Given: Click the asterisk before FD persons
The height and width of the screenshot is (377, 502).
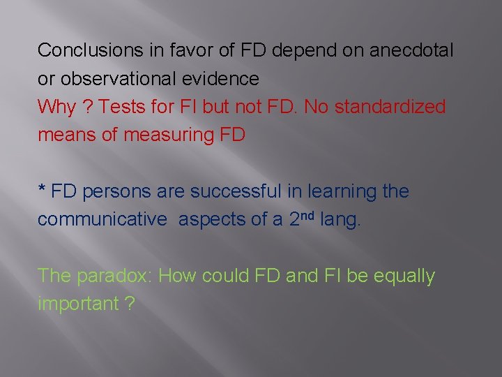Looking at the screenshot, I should (x=43, y=189).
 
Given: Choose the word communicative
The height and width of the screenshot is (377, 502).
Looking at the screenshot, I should (x=102, y=219).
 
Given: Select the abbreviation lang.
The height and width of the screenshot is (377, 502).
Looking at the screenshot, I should (x=340, y=219).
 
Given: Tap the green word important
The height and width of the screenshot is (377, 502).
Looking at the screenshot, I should (x=78, y=304).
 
